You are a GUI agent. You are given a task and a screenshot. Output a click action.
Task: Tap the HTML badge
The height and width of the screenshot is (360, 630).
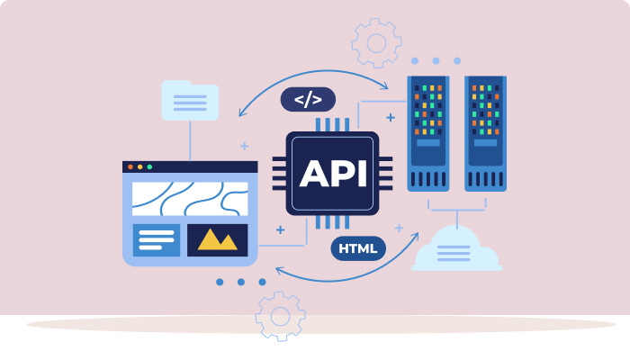click(358, 247)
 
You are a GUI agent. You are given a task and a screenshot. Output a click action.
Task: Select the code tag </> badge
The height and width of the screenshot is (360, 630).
click(308, 99)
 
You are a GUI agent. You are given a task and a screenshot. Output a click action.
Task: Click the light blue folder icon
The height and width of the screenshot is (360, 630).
click(189, 101)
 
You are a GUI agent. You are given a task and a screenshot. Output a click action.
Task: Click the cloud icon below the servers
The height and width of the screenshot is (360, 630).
click(456, 250)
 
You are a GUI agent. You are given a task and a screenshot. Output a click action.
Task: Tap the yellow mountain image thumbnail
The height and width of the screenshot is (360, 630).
click(217, 239)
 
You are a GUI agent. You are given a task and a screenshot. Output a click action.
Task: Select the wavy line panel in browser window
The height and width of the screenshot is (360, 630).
click(190, 199)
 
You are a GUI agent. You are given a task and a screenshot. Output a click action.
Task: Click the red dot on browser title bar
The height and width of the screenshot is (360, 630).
click(130, 166)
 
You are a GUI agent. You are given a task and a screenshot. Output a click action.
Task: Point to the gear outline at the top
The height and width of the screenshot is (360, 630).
click(375, 42)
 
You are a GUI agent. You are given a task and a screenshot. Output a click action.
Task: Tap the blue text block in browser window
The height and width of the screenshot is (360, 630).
click(157, 239)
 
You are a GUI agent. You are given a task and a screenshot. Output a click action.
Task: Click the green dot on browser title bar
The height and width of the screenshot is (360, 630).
click(149, 166)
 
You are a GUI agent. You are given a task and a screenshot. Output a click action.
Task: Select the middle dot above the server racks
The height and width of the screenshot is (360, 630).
click(436, 61)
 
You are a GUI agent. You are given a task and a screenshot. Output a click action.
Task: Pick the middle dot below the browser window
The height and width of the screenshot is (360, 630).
click(241, 282)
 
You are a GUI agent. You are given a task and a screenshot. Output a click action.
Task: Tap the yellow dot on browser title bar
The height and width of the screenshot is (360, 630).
click(139, 166)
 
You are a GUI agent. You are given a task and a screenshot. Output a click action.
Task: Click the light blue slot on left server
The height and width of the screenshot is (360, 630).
click(428, 143)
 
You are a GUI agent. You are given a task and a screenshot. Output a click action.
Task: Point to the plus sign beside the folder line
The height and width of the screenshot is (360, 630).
click(244, 145)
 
